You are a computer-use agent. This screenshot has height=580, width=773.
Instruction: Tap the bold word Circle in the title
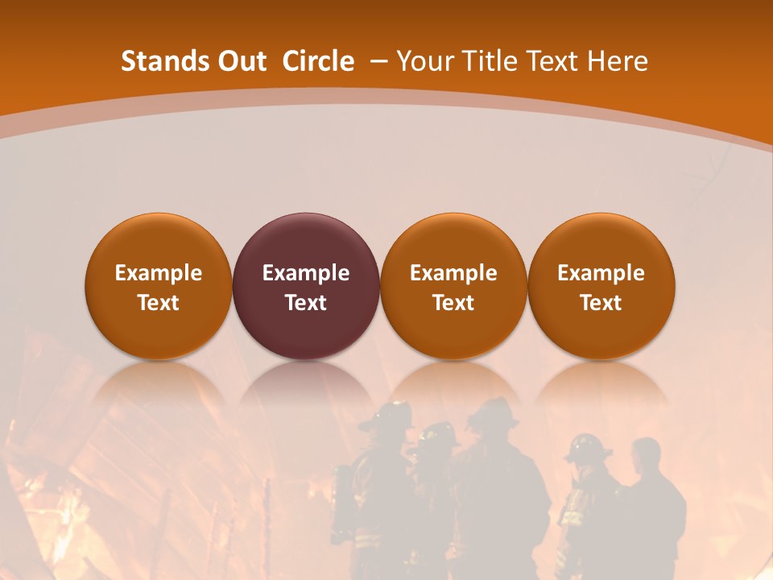coord(318,61)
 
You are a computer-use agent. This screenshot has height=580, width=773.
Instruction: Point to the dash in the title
coord(378,61)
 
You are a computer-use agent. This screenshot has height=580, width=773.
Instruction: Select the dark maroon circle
coord(306,242)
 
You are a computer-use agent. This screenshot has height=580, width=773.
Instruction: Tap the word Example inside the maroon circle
coord(306,273)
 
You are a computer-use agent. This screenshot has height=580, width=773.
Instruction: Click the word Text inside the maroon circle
coord(306,303)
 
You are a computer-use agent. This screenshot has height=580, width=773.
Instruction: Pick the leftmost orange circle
coord(159,242)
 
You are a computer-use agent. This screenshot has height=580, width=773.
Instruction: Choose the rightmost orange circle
coord(601,242)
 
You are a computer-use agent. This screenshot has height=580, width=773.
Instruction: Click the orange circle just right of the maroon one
coord(453,242)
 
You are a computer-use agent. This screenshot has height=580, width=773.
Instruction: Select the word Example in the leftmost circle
coord(159,273)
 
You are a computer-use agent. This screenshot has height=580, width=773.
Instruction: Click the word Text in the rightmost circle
coord(601,303)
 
